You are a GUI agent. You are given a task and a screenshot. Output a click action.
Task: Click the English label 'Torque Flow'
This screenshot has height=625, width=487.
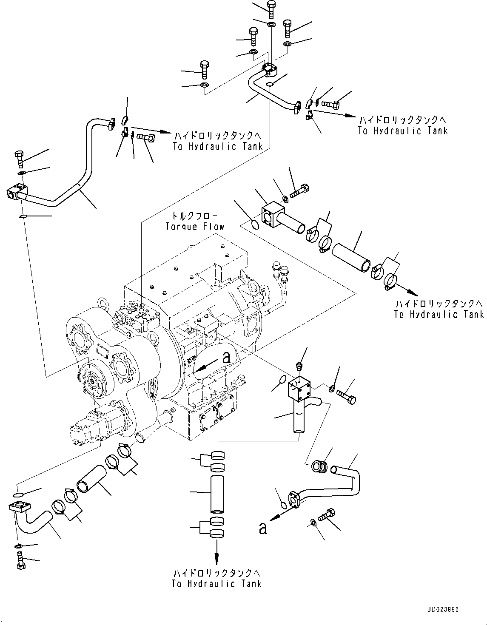tap(195, 226)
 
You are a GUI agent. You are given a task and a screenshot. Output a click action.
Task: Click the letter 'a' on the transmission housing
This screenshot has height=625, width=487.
tap(227, 358)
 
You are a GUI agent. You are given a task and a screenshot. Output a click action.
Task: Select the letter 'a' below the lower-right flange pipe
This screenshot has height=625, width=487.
tap(263, 528)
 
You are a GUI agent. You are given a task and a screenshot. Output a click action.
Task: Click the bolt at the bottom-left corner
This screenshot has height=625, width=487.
tap(21, 562)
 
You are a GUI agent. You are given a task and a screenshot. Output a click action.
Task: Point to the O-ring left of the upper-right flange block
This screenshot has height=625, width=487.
tap(254, 224)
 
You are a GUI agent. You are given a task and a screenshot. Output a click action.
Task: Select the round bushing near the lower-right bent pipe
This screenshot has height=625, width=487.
tap(319, 466)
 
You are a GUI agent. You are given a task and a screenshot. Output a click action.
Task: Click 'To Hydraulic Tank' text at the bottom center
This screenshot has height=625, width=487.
tap(216, 584)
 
